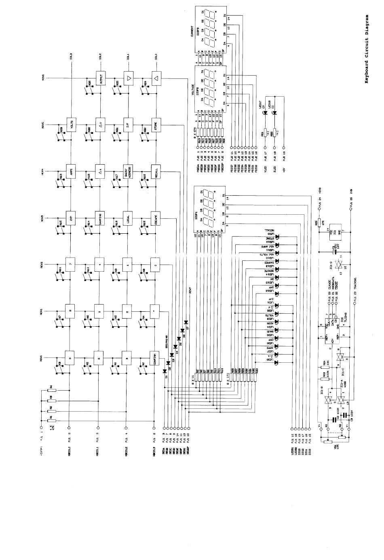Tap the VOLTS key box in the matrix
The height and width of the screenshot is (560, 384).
[x=71, y=124]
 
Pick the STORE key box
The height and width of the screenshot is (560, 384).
[x=156, y=124]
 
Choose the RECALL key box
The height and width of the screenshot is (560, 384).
[x=156, y=171]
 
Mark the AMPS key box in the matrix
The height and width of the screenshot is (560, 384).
[x=71, y=171]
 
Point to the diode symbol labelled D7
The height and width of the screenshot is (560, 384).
[x=186, y=322]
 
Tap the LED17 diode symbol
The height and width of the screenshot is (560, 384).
[x=266, y=114]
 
